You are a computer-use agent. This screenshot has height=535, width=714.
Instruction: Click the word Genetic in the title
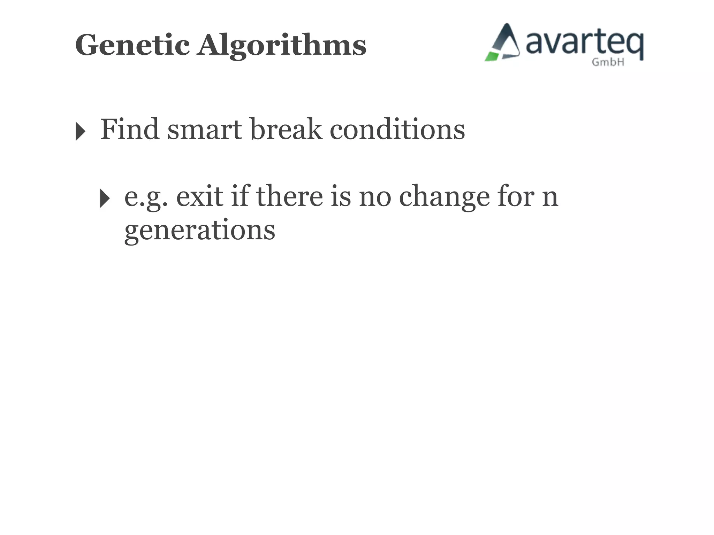[x=132, y=45]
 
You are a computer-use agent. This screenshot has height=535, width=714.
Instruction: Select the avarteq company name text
[x=584, y=44]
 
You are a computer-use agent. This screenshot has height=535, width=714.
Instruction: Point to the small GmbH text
[x=608, y=62]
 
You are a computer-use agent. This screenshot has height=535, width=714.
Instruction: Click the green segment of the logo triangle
[x=492, y=56]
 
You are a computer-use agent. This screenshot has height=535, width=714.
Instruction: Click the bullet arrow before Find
[x=80, y=132]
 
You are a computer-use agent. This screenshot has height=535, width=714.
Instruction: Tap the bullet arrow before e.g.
[x=105, y=198]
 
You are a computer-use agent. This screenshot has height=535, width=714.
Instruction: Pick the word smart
[x=205, y=129]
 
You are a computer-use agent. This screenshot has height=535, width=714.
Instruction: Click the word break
[x=286, y=129]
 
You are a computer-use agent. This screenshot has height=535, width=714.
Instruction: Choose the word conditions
[x=397, y=129]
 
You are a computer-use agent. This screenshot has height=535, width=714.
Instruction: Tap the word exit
[x=199, y=196]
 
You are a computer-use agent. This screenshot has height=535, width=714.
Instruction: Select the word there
[x=289, y=196]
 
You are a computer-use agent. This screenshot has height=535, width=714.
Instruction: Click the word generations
[x=200, y=231]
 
